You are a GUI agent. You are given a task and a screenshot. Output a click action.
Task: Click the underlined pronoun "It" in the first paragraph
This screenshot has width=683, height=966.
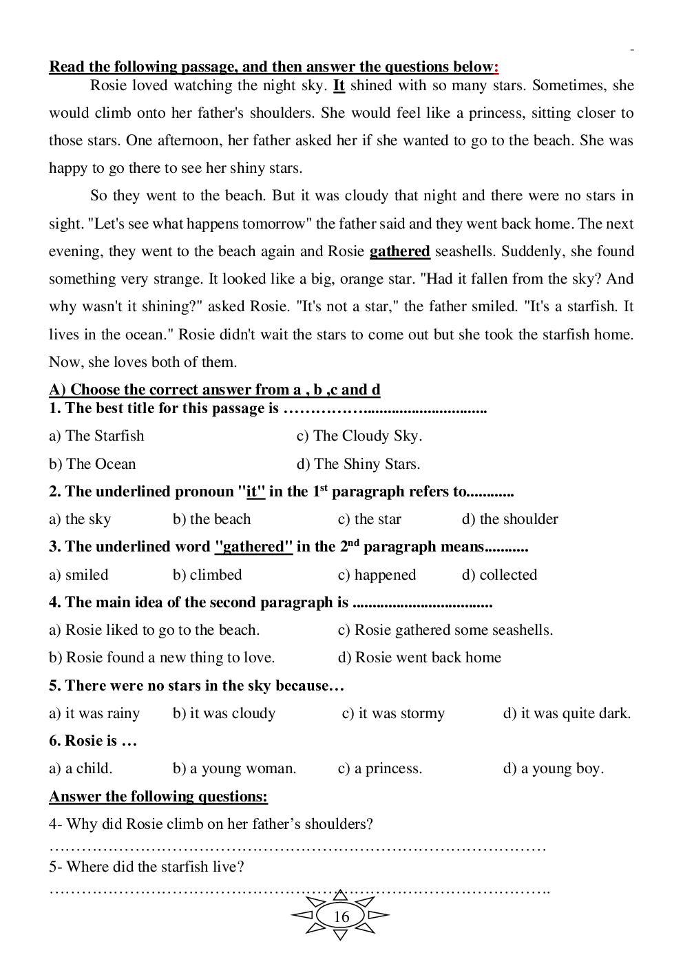(x=339, y=86)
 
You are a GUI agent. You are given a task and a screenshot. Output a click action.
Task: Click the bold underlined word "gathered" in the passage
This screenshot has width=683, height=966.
(x=399, y=251)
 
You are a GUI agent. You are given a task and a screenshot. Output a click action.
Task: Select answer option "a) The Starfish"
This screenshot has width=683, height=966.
(x=96, y=436)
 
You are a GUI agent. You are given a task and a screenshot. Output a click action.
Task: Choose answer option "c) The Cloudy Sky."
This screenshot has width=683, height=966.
(x=359, y=436)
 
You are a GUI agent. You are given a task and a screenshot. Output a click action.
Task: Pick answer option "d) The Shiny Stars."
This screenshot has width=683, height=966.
(x=358, y=464)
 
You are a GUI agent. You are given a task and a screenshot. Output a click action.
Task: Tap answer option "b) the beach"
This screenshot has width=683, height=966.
(x=211, y=519)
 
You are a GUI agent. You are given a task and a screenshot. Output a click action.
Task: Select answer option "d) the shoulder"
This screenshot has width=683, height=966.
(x=509, y=519)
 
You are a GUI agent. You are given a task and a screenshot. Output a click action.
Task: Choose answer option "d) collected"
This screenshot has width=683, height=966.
(x=499, y=575)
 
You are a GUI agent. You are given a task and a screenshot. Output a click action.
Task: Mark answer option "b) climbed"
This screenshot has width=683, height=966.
(x=207, y=575)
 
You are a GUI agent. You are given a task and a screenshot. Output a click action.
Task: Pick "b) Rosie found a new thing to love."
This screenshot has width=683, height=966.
(x=162, y=658)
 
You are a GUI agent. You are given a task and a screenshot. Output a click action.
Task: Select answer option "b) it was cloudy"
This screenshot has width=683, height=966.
(x=224, y=713)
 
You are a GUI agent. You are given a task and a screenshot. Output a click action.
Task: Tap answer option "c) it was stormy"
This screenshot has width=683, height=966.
(x=393, y=713)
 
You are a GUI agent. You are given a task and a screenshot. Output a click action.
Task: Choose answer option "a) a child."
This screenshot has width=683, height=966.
(x=81, y=768)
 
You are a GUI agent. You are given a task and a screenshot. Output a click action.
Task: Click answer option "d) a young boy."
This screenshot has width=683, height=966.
(x=553, y=768)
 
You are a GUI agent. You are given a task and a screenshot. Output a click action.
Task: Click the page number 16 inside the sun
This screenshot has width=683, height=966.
(x=341, y=916)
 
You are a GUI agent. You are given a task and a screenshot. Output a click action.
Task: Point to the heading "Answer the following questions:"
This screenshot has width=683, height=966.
(x=158, y=797)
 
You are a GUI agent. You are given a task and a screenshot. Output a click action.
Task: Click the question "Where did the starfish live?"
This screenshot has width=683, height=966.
(x=147, y=867)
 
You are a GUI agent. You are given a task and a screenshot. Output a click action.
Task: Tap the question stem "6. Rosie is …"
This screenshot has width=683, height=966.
(x=93, y=741)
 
